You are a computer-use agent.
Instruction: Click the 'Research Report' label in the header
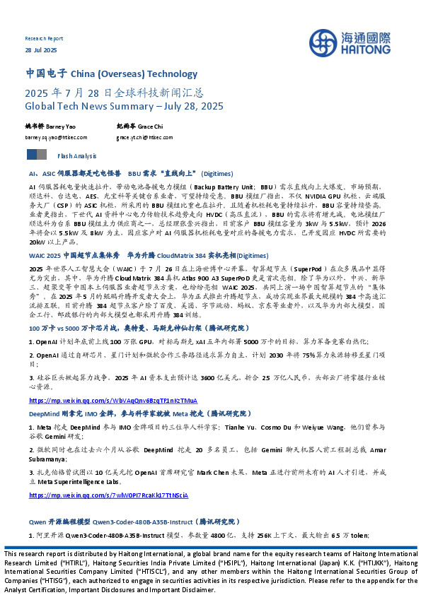pyautogui.click(x=44, y=39)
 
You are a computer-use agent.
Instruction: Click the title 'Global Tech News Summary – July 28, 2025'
pyautogui.click(x=124, y=106)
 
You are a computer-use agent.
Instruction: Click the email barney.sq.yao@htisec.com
pyautogui.click(x=56, y=138)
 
